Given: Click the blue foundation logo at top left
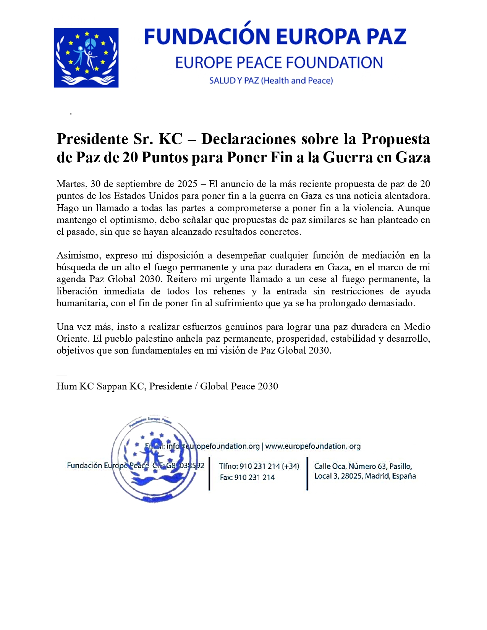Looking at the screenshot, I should pos(86,58).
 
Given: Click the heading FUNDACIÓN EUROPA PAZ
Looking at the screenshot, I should pos(275,37).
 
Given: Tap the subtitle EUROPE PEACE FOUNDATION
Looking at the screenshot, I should pos(279,63).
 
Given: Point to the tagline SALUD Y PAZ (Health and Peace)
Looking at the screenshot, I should pos(271,81).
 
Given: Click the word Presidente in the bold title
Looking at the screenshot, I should pos(92,139).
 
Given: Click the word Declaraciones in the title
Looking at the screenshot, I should pos(249,139).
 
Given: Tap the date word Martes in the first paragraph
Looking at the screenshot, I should pos(71,184).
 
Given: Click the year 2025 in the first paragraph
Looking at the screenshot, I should pos(187,184).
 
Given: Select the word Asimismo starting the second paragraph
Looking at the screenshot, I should pos(78,255).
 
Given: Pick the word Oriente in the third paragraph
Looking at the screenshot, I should pos(73,339).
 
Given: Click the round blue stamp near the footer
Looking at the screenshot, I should pos(154,458).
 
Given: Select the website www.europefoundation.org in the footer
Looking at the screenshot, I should pos(313,446).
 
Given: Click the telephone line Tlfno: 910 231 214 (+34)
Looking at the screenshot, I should pos(259,466).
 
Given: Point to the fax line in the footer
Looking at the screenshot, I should pos(247,477).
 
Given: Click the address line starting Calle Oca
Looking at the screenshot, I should pos(363,466).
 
